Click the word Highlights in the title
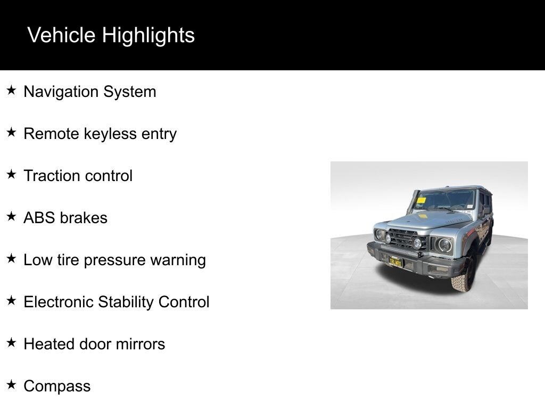[148, 36]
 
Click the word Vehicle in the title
[61, 35]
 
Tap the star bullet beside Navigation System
[11, 91]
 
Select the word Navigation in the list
[61, 92]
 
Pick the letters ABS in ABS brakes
[39, 218]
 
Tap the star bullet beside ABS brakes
[11, 216]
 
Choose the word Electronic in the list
[59, 302]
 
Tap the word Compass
[57, 387]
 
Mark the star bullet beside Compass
[11, 385]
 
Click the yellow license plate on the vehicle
[395, 262]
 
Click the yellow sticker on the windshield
[421, 200]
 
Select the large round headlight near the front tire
[444, 245]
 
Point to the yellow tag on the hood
[423, 216]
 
